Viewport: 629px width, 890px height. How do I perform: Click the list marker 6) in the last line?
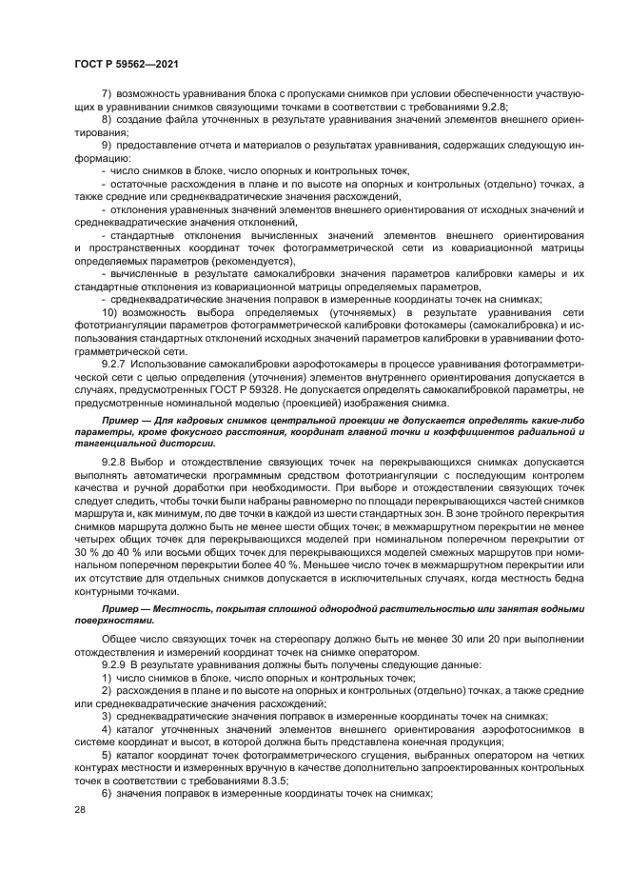point(106,794)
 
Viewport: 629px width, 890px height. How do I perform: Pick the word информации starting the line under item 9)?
point(103,157)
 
